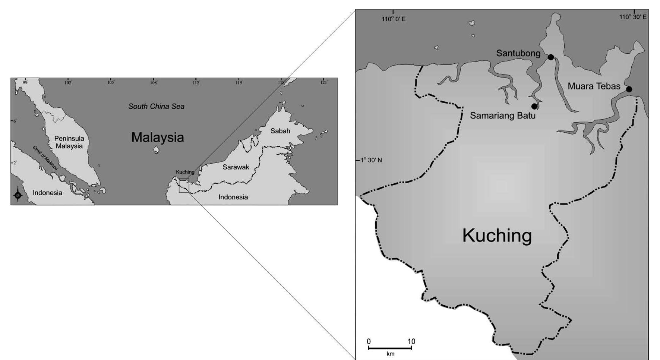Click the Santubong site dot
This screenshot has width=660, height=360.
(x=550, y=57)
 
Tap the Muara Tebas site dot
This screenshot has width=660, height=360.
(x=629, y=89)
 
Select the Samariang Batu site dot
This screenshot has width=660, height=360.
(x=534, y=106)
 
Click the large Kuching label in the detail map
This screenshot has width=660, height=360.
(x=497, y=236)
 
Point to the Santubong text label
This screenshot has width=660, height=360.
(x=518, y=53)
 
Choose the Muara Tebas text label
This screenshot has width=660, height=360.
(x=594, y=86)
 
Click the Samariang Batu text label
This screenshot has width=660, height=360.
(x=502, y=116)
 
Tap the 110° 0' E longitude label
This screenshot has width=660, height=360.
(x=394, y=19)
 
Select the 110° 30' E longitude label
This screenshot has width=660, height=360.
(x=633, y=17)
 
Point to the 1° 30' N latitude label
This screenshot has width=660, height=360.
(x=371, y=160)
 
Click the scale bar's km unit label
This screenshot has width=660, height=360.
(x=390, y=354)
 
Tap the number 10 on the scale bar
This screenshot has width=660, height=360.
(x=411, y=341)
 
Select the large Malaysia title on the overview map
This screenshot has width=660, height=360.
(x=157, y=138)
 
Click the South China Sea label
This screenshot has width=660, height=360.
(x=156, y=107)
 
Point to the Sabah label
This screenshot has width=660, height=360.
(x=280, y=131)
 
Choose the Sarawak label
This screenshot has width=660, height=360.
(x=236, y=167)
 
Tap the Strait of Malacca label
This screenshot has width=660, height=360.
(x=45, y=158)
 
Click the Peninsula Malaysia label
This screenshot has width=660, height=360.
(x=69, y=142)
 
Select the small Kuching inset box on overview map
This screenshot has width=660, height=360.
(x=184, y=186)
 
